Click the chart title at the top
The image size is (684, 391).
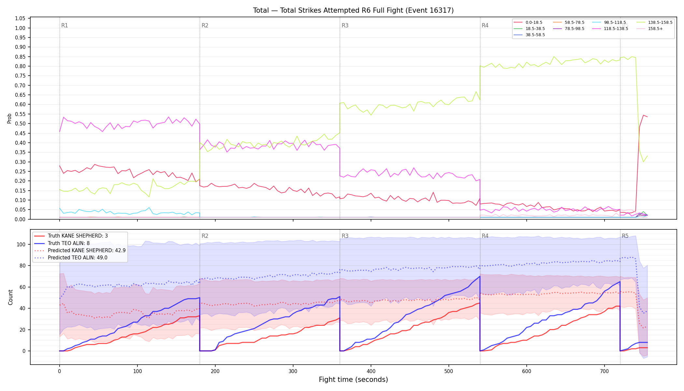pos(353,10)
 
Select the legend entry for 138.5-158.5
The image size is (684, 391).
pos(654,22)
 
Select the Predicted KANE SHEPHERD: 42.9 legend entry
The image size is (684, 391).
pos(80,251)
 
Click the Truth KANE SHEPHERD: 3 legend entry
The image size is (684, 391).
pos(71,236)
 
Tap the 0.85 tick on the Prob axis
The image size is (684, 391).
pos(20,57)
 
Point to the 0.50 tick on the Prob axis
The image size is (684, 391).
pos(20,123)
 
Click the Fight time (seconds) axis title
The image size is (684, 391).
pos(353,380)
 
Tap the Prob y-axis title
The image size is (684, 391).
pos(9,118)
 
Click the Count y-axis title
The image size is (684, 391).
pos(10,297)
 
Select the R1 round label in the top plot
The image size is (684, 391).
pos(64,25)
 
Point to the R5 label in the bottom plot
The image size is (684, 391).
pos(625,236)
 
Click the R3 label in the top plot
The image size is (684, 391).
pos(345,25)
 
